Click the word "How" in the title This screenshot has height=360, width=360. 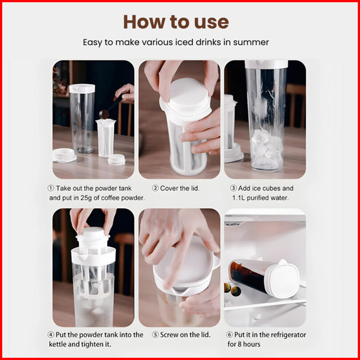144,22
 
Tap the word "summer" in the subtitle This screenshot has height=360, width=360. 251,42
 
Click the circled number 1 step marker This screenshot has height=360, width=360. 51,188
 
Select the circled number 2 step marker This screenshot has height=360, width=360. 155,188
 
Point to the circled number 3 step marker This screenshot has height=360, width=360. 233,188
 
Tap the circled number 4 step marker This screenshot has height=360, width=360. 51,335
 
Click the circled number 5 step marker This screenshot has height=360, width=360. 155,335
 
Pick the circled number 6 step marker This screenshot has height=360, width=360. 229,335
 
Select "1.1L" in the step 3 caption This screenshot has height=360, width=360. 238,198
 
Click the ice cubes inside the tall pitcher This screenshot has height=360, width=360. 266,149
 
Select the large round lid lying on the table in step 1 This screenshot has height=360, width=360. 64,155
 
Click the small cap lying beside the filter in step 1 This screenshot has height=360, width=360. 116,160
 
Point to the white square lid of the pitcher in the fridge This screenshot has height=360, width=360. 284,279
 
